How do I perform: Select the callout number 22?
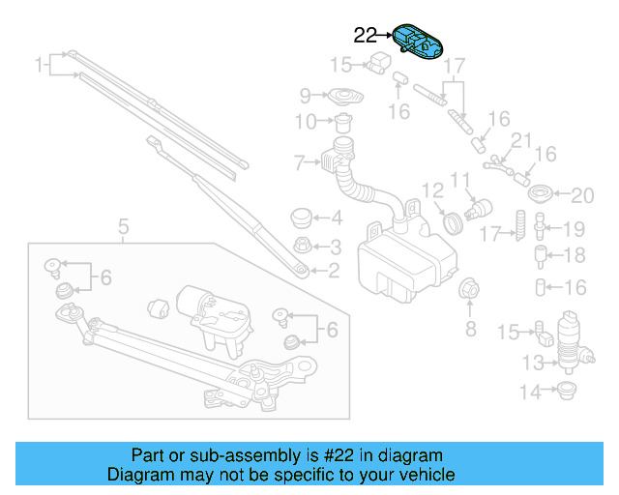(x=366, y=36)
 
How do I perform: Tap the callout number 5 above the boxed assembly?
(x=124, y=227)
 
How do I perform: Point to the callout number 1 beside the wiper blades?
(x=40, y=66)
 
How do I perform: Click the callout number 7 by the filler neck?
(x=300, y=161)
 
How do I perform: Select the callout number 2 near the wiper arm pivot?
(x=333, y=271)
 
